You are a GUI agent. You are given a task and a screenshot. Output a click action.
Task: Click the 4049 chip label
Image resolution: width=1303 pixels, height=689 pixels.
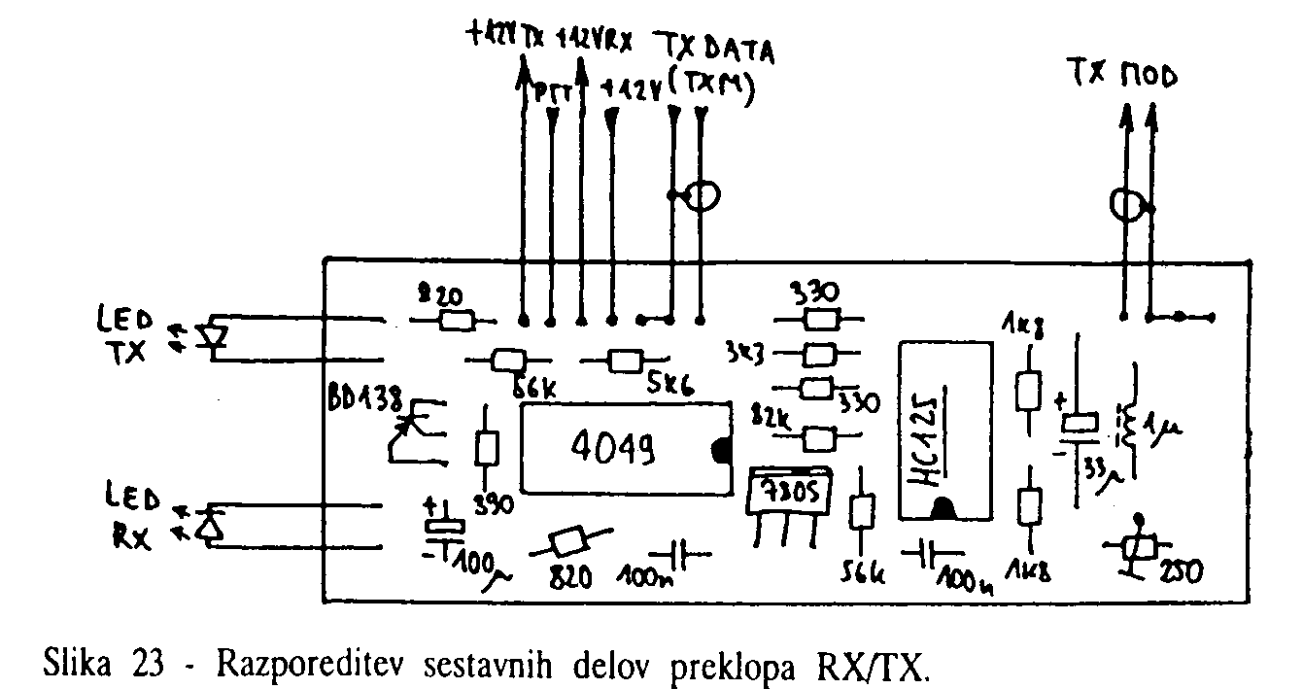pyautogui.click(x=612, y=449)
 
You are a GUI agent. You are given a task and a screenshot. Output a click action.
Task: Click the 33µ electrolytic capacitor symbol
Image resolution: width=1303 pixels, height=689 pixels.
pyautogui.click(x=1079, y=425)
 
